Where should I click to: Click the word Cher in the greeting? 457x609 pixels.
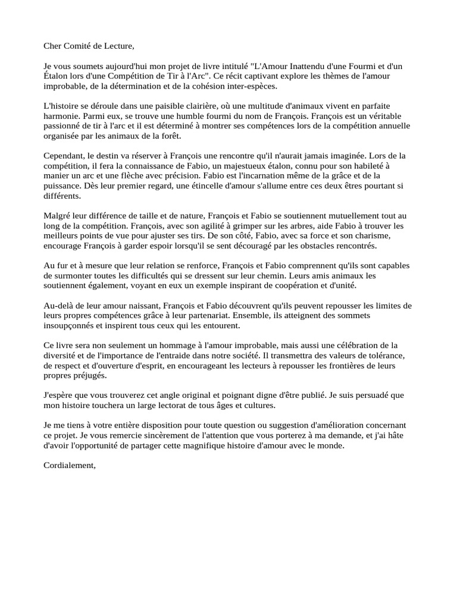[53, 45]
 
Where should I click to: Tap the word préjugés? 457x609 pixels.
[90, 376]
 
